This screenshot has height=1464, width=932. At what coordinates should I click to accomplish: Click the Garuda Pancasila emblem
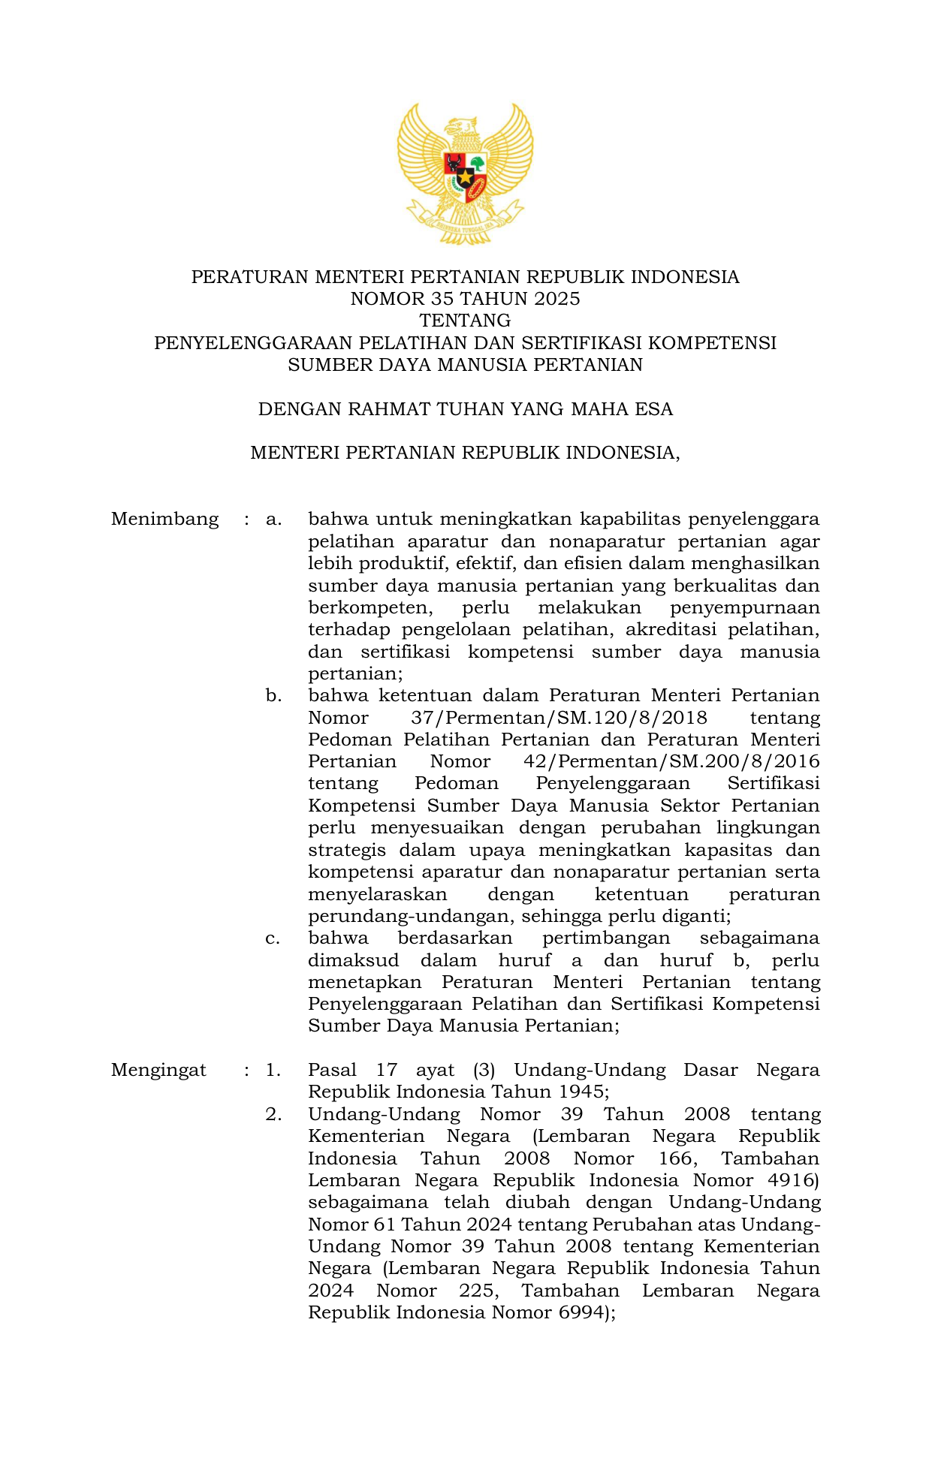(465, 174)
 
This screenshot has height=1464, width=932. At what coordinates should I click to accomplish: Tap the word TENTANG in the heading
(465, 321)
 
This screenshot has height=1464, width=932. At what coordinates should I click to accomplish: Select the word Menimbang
(164, 519)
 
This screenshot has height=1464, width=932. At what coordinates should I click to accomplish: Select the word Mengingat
(158, 1070)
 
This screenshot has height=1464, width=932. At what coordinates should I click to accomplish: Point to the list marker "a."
(273, 519)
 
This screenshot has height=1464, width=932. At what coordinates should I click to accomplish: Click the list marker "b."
(273, 695)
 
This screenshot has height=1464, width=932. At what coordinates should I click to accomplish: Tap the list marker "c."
(273, 938)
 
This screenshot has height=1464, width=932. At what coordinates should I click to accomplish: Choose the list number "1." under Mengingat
(273, 1070)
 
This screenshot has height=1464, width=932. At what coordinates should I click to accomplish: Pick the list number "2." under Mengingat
(273, 1114)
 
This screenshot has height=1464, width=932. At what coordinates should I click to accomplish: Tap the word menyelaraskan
(377, 894)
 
